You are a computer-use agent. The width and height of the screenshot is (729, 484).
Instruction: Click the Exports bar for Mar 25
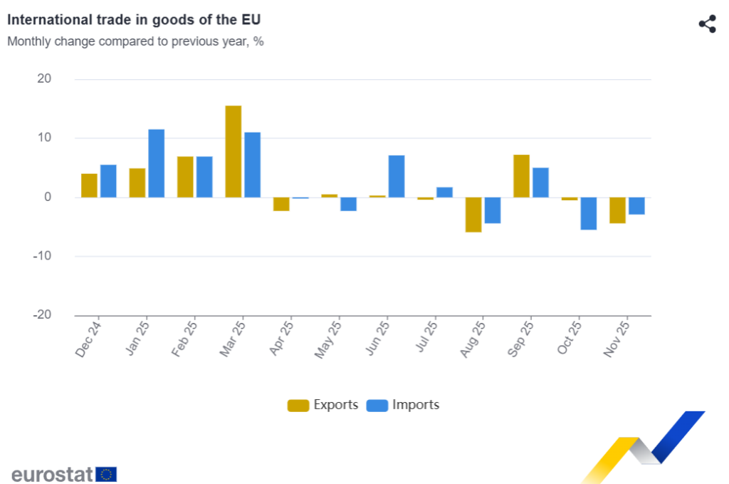(x=234, y=151)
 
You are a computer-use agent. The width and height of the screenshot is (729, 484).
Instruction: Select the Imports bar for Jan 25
(x=157, y=163)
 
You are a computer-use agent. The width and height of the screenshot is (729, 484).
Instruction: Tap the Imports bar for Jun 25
(x=397, y=176)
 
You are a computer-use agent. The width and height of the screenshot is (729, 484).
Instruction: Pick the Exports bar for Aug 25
(x=473, y=215)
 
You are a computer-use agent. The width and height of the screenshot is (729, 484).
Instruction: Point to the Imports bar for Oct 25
(x=589, y=213)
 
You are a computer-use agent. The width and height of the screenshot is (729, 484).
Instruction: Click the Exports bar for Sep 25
(x=521, y=176)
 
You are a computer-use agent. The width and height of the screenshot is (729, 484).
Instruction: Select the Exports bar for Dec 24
(x=89, y=185)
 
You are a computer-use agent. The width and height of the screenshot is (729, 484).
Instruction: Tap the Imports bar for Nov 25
(x=636, y=206)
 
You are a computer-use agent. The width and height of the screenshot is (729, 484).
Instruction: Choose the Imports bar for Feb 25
(x=204, y=177)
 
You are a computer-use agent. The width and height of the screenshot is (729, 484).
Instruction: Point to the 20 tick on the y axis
(x=44, y=79)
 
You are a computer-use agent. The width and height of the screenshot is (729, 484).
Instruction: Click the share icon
(x=707, y=24)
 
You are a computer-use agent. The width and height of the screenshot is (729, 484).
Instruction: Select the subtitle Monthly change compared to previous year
(x=135, y=41)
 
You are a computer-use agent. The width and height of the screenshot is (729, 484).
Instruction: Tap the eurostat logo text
(x=52, y=474)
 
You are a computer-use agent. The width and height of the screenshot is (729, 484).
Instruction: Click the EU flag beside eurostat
(x=106, y=474)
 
